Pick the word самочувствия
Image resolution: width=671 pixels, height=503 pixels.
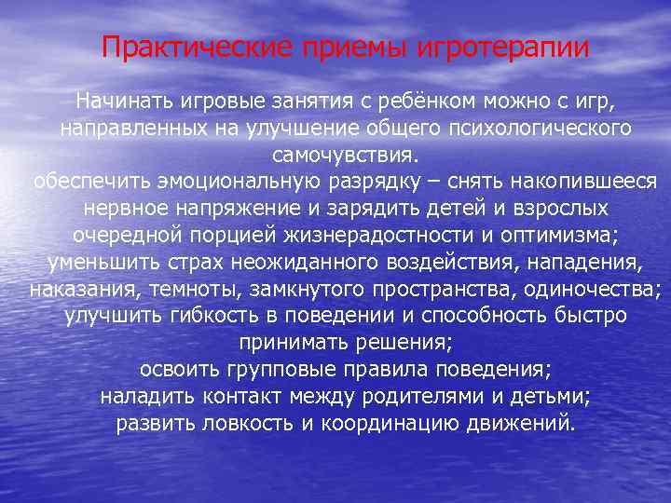tap(346, 153)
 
